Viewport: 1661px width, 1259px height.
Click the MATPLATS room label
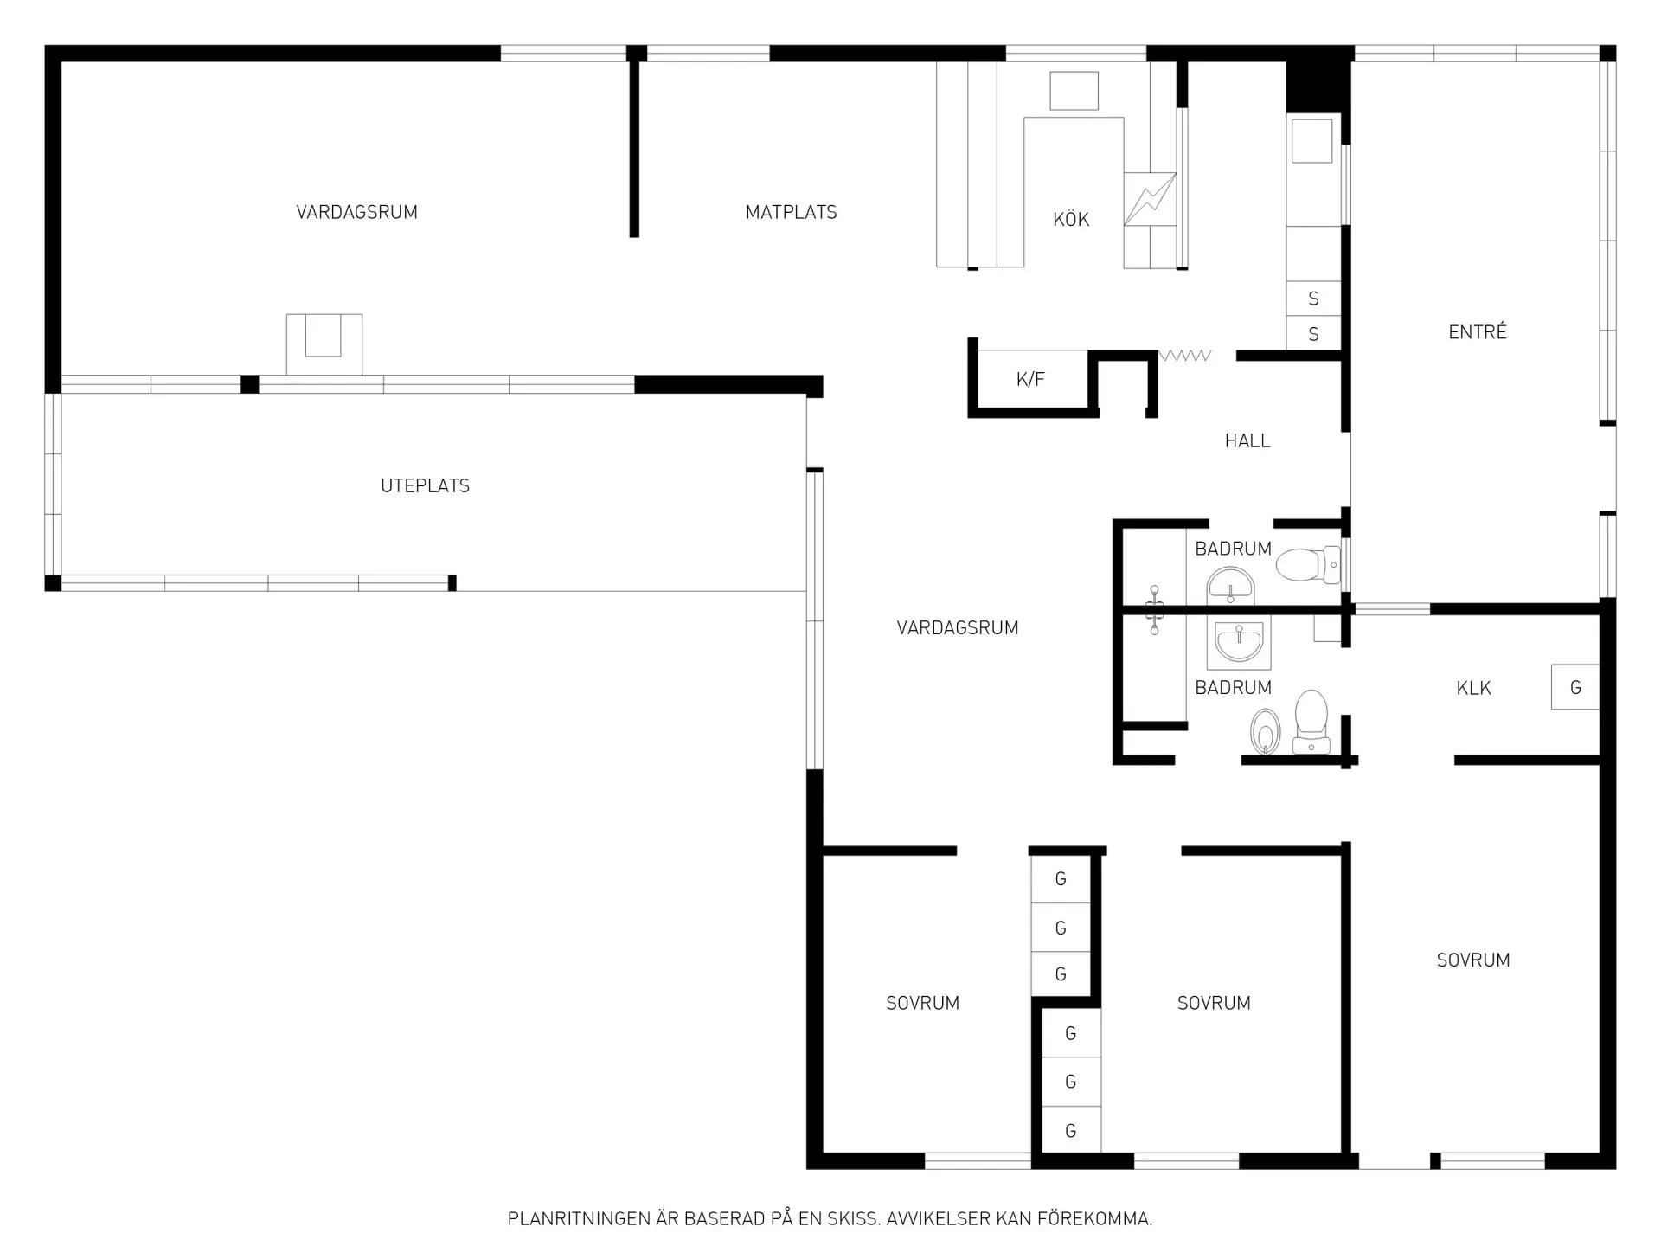(x=791, y=212)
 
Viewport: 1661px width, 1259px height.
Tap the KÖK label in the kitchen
(x=1071, y=220)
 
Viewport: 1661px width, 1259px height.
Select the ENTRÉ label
(x=1478, y=331)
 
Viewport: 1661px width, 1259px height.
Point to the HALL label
(x=1247, y=441)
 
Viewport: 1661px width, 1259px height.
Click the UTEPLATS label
(x=425, y=486)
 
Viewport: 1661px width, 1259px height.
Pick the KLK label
(x=1473, y=689)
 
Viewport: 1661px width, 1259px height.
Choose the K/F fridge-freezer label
(x=1030, y=379)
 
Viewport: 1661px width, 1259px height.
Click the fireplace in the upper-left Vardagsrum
(x=324, y=344)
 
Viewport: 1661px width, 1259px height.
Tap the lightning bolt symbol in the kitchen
(x=1150, y=199)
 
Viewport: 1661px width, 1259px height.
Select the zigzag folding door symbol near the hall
(x=1185, y=356)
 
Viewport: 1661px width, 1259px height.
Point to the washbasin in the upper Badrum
(x=1230, y=586)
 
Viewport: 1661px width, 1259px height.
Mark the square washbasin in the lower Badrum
(x=1239, y=645)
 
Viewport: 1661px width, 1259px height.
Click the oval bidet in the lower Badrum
(x=1266, y=732)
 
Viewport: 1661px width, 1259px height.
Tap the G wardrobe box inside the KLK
(x=1574, y=687)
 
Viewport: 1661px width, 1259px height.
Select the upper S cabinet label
(x=1313, y=299)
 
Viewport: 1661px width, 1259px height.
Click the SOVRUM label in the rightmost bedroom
(x=1473, y=960)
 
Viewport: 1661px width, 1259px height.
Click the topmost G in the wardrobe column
(x=1061, y=879)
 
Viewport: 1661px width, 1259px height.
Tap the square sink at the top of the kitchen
(x=1074, y=91)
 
